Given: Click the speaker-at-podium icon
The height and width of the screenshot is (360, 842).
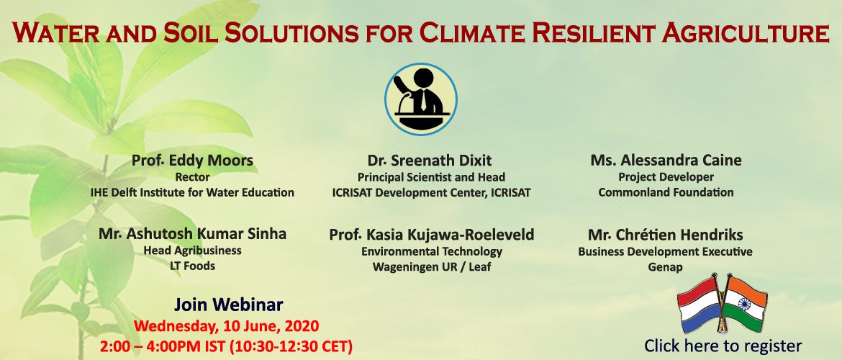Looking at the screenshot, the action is pos(420,99).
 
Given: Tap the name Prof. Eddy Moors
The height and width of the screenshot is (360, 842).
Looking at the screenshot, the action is pos(192,161).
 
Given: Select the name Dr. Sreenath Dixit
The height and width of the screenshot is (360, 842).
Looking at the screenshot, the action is pos(430,161).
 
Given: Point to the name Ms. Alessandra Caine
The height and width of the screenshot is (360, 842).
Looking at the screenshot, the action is pos(666,160).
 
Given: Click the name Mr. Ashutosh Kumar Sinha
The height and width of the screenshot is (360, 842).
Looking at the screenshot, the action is pos(192,234).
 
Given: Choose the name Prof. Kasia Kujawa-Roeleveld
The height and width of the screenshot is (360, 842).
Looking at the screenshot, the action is pos(432,235).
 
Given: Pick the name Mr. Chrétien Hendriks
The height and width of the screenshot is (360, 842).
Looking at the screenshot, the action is pos(666,235).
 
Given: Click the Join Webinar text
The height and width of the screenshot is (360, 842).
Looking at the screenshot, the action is pos(228,305).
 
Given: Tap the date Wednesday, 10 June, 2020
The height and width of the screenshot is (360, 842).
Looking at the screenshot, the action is pos(227,326).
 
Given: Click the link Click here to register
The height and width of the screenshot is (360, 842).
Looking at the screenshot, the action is pos(723,346).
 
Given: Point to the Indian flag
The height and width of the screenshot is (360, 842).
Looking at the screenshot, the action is pos(745,304).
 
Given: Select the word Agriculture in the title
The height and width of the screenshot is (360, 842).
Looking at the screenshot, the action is pos(746,33).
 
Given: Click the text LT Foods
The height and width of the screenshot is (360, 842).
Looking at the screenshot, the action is pos(192,266).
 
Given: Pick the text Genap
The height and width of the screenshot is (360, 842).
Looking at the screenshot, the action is pos(666,267).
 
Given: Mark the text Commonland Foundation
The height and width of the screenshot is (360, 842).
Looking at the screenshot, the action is pos(666,192).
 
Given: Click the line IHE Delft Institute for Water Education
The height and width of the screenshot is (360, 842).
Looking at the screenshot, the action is pos(192,192).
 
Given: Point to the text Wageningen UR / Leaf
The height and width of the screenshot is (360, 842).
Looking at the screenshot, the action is pos(432,267).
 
